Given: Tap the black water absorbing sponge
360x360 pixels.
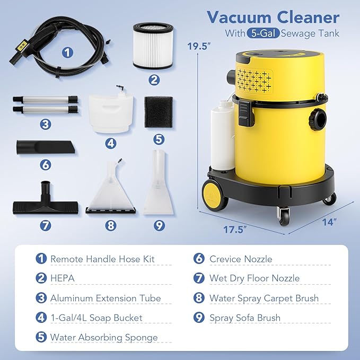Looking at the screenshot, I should (x=159, y=111).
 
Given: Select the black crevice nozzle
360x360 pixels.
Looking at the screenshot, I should (x=46, y=146).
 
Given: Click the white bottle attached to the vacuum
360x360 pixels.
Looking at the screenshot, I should (x=222, y=135).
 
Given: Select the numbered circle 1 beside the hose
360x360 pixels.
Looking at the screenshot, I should (x=67, y=52).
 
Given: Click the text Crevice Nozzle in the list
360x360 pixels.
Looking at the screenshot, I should (x=240, y=259).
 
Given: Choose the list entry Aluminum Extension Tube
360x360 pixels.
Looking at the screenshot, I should (x=106, y=298).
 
